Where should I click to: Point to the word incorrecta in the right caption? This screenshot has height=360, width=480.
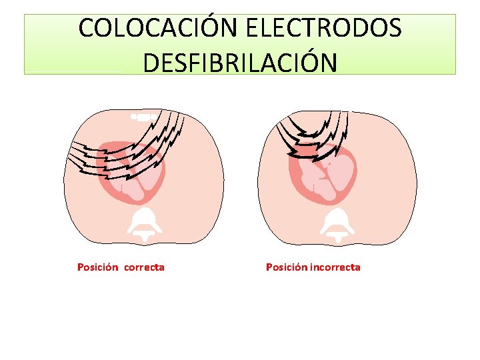pos(335,267)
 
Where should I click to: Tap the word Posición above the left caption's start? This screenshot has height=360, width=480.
pos(97,267)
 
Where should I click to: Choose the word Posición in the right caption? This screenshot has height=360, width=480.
pos(286,267)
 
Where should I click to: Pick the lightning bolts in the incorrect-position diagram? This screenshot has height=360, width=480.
pos(313,133)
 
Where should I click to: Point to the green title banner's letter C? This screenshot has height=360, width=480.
pos(87,28)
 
